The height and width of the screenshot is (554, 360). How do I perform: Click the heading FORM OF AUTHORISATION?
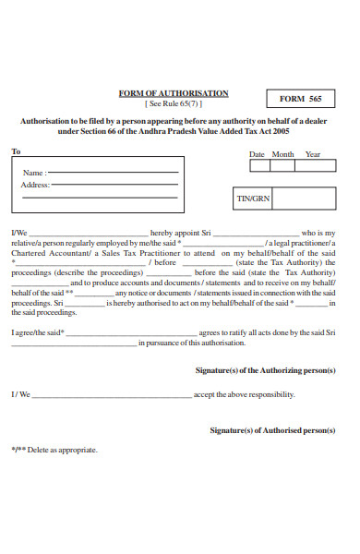(173, 93)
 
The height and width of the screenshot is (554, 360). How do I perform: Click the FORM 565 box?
(302, 99)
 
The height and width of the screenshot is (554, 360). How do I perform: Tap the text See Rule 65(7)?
(174, 103)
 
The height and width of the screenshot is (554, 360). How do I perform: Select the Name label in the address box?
(33, 173)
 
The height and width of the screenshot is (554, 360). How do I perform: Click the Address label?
(34, 185)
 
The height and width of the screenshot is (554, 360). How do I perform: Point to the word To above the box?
(16, 151)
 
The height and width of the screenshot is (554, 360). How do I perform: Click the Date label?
(257, 154)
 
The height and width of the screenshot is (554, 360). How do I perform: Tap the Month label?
(282, 154)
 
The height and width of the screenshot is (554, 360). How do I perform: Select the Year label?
(313, 154)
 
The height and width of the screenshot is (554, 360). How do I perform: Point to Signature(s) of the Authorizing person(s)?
(265, 369)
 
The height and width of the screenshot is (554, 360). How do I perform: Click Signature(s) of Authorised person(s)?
(272, 430)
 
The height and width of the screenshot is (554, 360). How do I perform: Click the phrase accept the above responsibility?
(244, 394)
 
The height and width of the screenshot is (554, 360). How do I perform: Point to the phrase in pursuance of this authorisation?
(192, 342)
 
